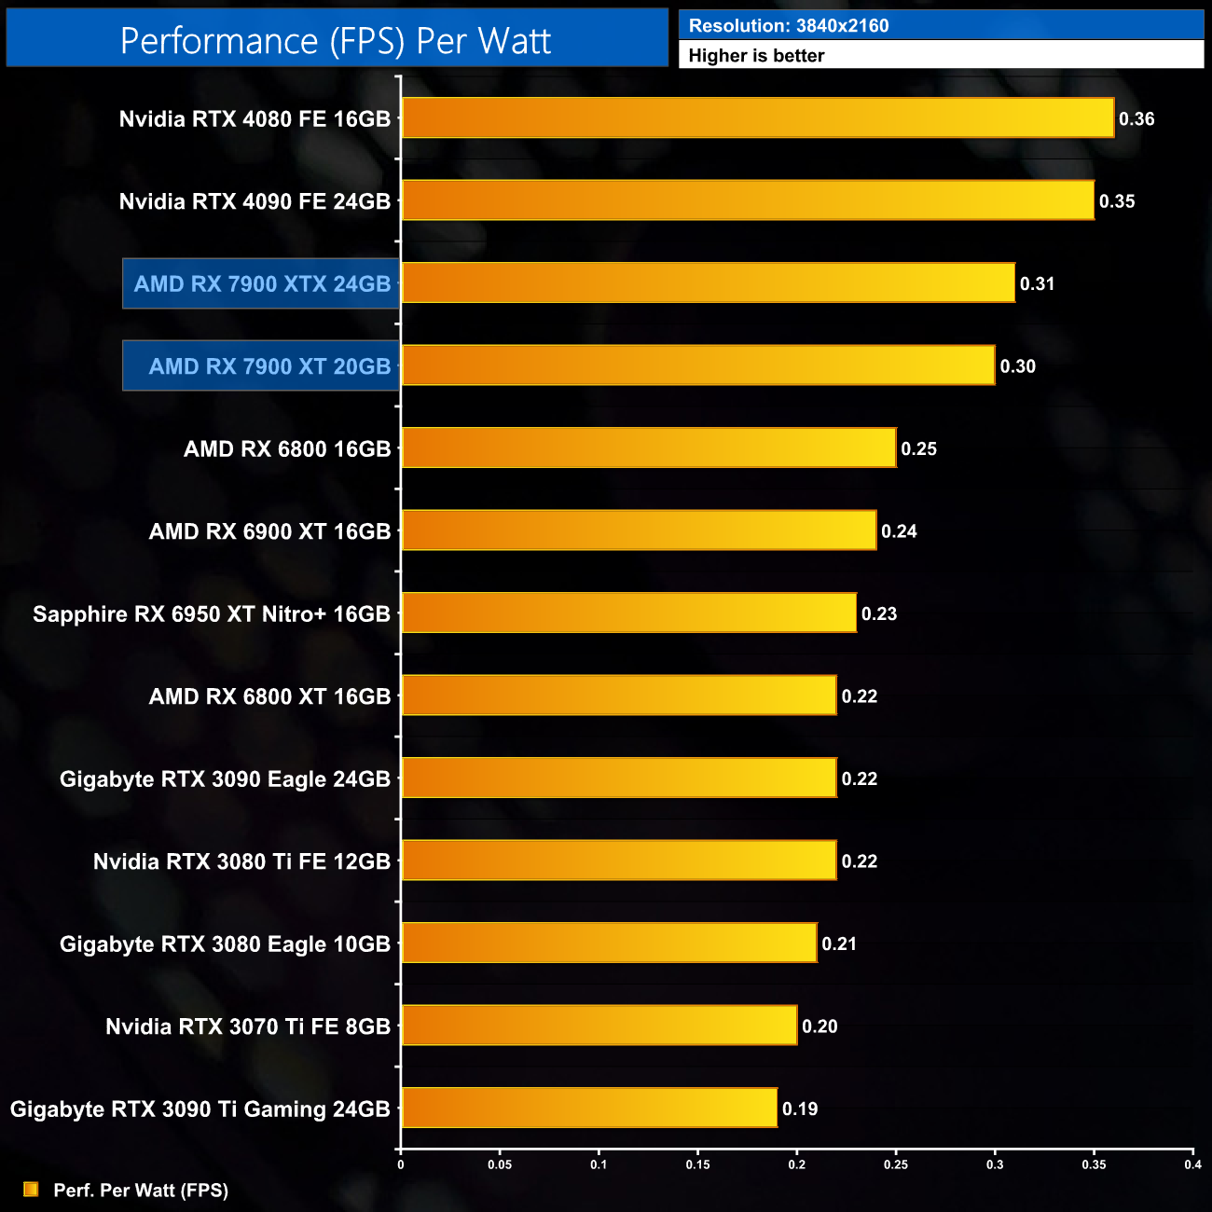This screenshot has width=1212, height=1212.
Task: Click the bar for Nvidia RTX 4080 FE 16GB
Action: [757, 118]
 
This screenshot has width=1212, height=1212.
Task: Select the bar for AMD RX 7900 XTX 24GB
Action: [708, 283]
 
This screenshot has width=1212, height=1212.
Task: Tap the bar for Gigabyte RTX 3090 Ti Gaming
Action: [589, 1108]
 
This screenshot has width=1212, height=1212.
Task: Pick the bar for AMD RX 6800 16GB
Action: [649, 448]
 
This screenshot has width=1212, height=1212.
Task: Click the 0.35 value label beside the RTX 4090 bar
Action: [1117, 201]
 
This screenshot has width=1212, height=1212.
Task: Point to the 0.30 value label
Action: [1018, 366]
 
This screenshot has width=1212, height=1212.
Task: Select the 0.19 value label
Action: [800, 1109]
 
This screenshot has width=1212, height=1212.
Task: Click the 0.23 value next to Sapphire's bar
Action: [879, 613]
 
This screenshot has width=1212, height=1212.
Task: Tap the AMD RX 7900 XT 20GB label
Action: [269, 366]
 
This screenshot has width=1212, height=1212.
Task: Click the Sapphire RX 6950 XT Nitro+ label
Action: [212, 614]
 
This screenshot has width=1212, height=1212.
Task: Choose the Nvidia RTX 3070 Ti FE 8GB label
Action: [248, 1026]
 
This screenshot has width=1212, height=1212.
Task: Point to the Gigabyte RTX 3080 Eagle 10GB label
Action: [225, 944]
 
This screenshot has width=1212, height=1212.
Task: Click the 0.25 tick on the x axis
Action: [896, 1164]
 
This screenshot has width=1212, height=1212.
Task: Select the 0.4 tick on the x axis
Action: [1192, 1164]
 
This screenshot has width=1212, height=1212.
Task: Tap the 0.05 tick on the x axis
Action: [500, 1164]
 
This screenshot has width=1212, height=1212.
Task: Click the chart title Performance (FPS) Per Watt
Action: [336, 41]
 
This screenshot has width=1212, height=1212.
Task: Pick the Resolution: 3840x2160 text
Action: [789, 26]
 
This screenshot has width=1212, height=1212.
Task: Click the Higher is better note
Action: [756, 56]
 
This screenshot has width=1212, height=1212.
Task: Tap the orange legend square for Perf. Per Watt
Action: [31, 1190]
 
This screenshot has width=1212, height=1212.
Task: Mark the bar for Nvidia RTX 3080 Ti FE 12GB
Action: [619, 861]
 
